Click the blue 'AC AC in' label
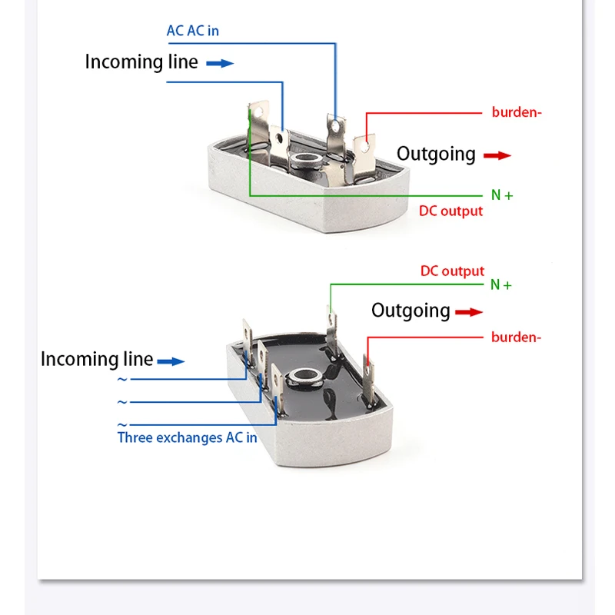point(193,31)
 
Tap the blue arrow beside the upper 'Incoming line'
point(220,63)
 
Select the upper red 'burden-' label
point(517,112)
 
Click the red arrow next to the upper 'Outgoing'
point(497,156)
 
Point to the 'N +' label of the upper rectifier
point(502,195)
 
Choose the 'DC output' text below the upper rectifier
point(450,211)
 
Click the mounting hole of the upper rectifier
point(306,160)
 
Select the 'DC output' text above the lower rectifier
point(452,271)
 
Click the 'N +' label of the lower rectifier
point(501,284)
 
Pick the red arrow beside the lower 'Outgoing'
point(469,312)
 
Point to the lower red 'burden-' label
point(516,337)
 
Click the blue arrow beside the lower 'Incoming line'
point(171,361)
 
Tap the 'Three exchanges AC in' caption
point(187,437)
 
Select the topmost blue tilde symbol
point(122,379)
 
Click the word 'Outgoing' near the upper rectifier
point(436,155)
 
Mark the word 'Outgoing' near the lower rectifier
point(411,311)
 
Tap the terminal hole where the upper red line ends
point(365,146)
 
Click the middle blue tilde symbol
point(122,402)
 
